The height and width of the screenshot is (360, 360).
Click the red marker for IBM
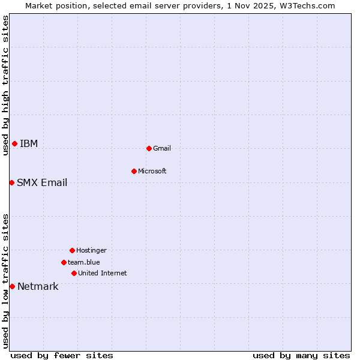(x=14, y=143)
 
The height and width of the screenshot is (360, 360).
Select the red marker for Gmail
(x=149, y=148)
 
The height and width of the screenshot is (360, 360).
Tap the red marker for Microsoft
(x=134, y=171)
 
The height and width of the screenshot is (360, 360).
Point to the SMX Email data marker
(x=11, y=182)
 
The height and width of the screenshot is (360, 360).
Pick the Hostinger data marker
(x=72, y=250)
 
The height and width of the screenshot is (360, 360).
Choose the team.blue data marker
(x=64, y=262)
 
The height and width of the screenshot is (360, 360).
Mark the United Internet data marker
(x=74, y=273)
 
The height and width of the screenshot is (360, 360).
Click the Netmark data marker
(x=12, y=286)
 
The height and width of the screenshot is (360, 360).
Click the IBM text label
(x=29, y=143)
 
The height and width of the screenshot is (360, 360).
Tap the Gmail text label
(x=162, y=148)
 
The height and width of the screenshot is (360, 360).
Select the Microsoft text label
(x=152, y=171)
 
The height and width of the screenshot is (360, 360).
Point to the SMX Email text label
(x=42, y=182)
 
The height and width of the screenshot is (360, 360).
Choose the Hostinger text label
(x=91, y=250)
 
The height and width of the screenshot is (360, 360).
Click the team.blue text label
(x=84, y=262)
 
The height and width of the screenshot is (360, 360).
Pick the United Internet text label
(x=103, y=273)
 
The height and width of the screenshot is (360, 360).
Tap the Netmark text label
(x=38, y=286)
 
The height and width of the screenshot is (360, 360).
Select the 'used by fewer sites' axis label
(x=62, y=355)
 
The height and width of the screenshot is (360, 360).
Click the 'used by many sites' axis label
(x=301, y=355)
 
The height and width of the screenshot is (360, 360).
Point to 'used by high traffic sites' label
(x=5, y=85)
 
